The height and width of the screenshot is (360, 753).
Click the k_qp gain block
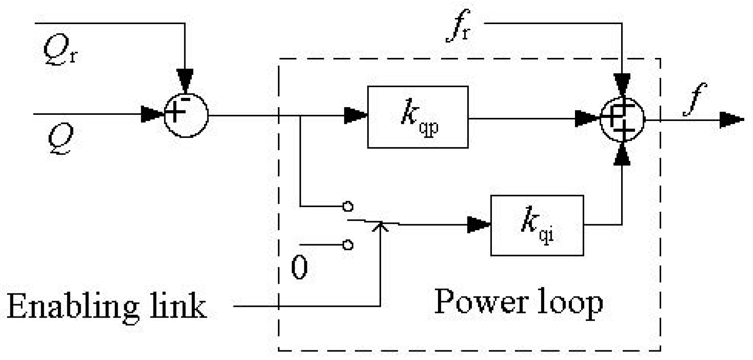pos(418,117)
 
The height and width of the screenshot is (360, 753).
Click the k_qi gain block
pos(538,225)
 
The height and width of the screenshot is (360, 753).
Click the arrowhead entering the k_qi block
pos(480,225)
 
